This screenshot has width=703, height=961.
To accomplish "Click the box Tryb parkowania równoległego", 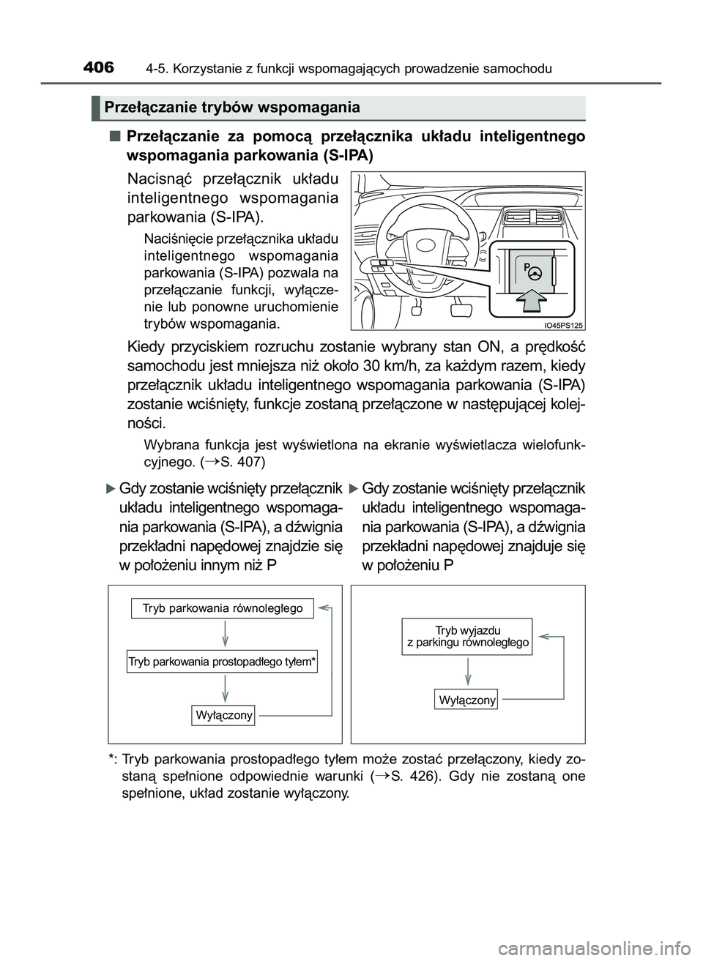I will click(223, 608).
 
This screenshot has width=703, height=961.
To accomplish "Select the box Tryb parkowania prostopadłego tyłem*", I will click(222, 662).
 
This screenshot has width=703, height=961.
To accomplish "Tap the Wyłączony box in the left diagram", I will click(224, 715).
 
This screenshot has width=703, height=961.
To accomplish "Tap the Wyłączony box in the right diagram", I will click(467, 700).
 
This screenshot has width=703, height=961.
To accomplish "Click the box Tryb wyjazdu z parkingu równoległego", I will click(467, 635).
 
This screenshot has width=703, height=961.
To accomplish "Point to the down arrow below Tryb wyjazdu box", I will click(467, 672).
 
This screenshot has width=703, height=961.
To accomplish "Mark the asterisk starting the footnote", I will click(111, 758).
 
